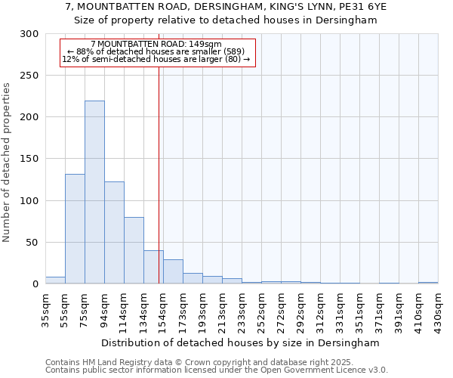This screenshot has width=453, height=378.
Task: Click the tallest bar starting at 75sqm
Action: click(x=94, y=193)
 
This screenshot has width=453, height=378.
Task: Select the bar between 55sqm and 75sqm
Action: click(x=75, y=229)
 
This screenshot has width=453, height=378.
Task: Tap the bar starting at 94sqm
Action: click(x=114, y=233)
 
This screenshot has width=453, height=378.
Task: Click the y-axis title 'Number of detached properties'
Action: click(x=7, y=162)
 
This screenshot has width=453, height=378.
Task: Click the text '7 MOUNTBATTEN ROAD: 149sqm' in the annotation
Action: click(x=156, y=44)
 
